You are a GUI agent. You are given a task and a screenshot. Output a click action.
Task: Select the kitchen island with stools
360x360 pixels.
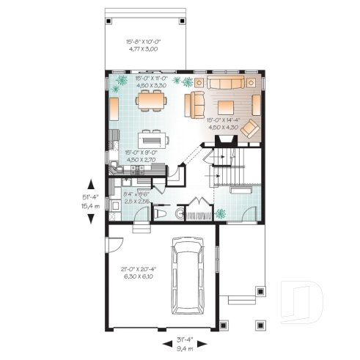153,137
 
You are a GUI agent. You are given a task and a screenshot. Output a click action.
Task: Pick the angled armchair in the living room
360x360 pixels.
251,129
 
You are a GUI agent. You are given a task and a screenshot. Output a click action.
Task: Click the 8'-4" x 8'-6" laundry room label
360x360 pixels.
136,196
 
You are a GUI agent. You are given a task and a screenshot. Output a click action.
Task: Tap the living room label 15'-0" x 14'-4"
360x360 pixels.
224,123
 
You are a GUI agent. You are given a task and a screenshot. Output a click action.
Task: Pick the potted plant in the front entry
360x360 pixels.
222,214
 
